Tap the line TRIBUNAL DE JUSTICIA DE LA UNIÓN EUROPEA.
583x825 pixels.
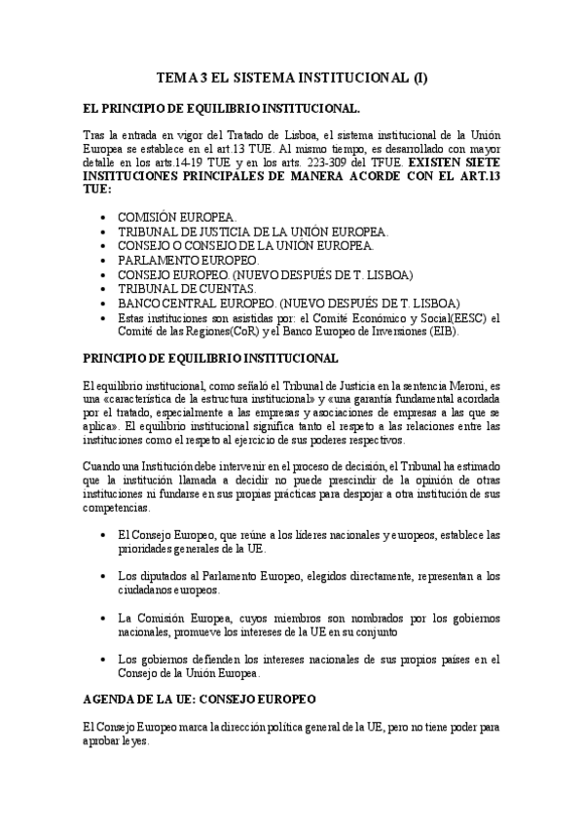[253, 231]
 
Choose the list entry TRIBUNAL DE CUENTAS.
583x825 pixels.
[187, 289]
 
